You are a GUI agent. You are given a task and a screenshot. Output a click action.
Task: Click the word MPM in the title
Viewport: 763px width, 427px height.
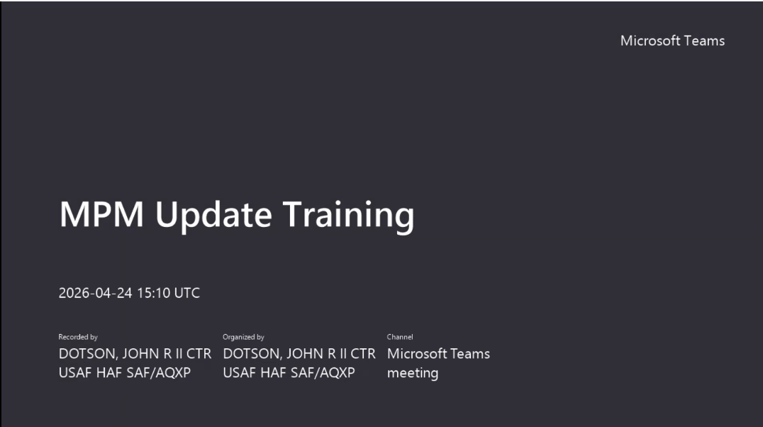pyautogui.click(x=101, y=214)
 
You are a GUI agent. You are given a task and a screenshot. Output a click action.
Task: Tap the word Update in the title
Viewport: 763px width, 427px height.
pyautogui.click(x=213, y=215)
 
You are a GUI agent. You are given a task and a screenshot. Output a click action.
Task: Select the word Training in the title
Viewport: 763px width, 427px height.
pyautogui.click(x=348, y=215)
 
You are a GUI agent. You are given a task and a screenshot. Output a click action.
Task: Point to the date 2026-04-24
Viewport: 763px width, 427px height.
pyautogui.click(x=95, y=293)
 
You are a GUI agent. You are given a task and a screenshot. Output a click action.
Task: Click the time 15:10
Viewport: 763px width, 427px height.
pyautogui.click(x=153, y=293)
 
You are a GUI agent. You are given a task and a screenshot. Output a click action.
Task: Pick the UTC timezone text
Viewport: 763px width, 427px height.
pyautogui.click(x=187, y=293)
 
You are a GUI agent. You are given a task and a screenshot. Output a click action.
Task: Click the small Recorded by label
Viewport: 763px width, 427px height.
pyautogui.click(x=78, y=337)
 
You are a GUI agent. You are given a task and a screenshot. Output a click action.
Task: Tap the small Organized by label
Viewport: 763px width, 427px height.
pyautogui.click(x=243, y=337)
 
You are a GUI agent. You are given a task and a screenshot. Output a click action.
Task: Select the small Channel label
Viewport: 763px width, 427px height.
pyautogui.click(x=400, y=337)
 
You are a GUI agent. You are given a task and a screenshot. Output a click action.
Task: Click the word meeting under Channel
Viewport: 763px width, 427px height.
pyautogui.click(x=413, y=373)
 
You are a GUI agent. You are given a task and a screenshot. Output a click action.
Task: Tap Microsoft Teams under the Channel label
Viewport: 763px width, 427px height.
pyautogui.click(x=438, y=353)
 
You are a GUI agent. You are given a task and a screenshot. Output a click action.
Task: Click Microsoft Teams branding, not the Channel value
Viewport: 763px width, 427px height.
pyautogui.click(x=672, y=40)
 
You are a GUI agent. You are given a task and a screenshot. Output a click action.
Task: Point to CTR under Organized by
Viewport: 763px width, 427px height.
pyautogui.click(x=363, y=353)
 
